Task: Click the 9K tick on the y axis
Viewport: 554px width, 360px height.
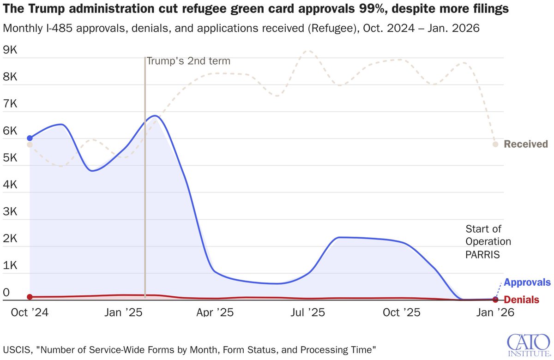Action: click(10, 50)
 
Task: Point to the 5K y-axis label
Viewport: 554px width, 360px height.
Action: click(10, 158)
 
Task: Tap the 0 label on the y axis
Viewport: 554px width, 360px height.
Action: click(6, 292)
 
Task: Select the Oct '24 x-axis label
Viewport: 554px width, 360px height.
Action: click(30, 312)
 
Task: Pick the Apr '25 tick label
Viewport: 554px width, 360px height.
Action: click(215, 312)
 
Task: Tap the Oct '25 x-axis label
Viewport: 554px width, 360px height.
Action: click(402, 312)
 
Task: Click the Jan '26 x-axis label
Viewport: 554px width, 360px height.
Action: click(495, 312)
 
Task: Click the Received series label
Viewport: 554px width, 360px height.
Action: click(526, 144)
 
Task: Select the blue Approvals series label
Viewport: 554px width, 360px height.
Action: click(527, 282)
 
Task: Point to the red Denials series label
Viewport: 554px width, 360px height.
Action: click(521, 300)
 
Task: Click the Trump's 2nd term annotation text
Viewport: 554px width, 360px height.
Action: click(188, 61)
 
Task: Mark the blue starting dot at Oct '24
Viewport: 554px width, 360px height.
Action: click(30, 138)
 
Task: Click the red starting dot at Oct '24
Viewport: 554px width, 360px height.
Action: click(30, 297)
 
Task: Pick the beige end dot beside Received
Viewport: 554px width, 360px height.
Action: click(495, 144)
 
